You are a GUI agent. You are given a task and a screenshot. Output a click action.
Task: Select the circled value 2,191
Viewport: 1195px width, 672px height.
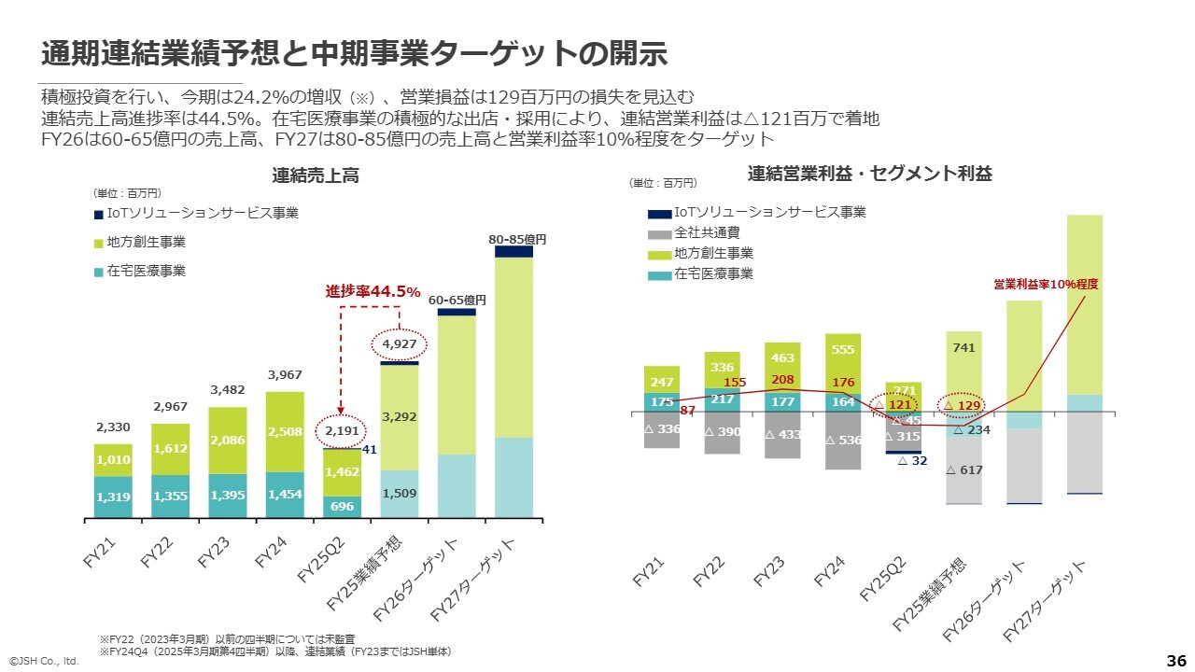[341, 432]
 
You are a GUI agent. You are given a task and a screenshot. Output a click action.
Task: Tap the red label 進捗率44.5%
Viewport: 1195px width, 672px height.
[373, 292]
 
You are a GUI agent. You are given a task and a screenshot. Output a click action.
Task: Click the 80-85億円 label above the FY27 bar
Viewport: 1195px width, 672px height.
[516, 240]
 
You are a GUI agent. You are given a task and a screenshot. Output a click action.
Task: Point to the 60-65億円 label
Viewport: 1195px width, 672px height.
[457, 301]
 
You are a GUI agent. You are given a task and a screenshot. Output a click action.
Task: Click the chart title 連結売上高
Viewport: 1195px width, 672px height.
[316, 175]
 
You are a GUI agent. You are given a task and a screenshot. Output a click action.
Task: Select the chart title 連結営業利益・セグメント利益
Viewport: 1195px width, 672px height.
[869, 174]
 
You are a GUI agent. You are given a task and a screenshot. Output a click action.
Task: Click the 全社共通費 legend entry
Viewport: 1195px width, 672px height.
[707, 232]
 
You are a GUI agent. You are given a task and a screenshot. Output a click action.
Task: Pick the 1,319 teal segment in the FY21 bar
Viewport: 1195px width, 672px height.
[113, 497]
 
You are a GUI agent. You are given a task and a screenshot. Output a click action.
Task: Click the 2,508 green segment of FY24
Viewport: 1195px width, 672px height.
[285, 431]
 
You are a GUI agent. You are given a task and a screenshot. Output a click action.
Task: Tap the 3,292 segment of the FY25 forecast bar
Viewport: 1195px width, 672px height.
[399, 417]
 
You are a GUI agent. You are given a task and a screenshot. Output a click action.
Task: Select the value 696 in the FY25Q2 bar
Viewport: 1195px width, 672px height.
[342, 506]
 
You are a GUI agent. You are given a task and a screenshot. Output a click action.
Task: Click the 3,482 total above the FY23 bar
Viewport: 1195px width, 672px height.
[227, 391]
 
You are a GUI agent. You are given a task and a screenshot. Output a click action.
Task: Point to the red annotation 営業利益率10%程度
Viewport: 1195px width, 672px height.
[1046, 284]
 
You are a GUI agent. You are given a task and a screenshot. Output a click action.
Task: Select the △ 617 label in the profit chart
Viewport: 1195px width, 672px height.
[964, 470]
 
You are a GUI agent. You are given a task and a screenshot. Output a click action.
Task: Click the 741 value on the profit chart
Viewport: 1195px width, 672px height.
[964, 348]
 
